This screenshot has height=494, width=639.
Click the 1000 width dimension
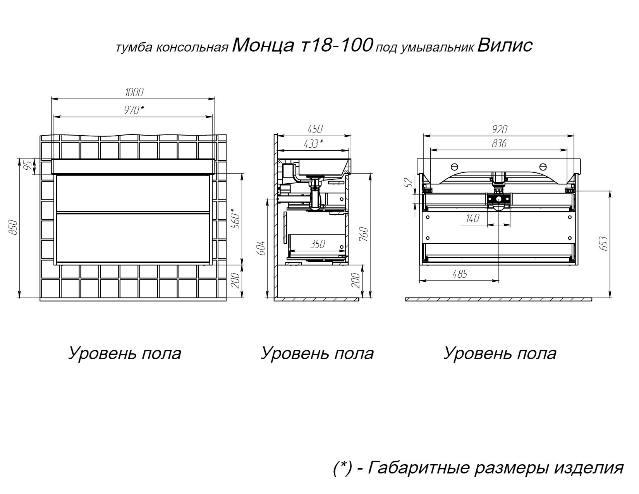(134, 92)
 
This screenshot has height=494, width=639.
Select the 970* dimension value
(134, 110)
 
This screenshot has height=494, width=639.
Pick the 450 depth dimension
(315, 129)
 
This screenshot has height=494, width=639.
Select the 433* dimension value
(313, 144)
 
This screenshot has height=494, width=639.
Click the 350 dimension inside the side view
(318, 244)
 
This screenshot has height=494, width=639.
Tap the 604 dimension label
(261, 248)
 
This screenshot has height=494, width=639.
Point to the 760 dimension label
(364, 234)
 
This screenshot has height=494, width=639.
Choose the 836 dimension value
(499, 144)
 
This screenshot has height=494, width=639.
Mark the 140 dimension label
(472, 218)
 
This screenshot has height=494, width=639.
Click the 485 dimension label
(460, 274)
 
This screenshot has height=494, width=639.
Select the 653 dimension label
(603, 243)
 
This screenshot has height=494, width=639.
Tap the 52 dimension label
(409, 182)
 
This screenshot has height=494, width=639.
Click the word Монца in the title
(263, 46)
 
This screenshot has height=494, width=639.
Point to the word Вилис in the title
(505, 46)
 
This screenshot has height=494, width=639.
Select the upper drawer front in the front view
(133, 193)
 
